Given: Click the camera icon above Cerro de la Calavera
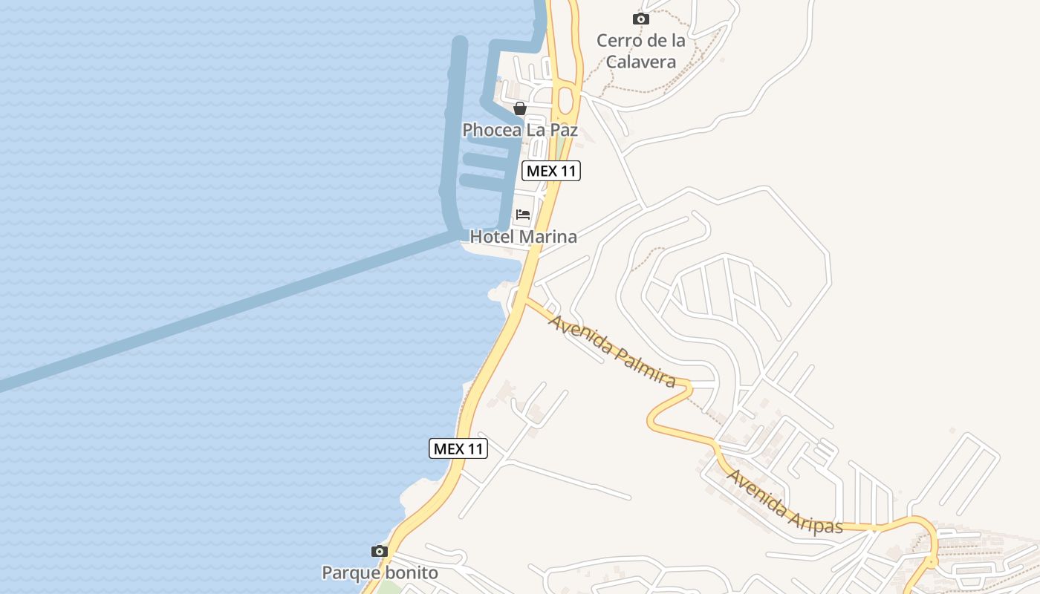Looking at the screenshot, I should tap(640, 19).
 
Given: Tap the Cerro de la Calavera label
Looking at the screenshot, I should tap(640, 50).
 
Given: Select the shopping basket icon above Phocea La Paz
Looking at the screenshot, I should tap(520, 108).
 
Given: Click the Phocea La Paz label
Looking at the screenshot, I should tap(519, 130).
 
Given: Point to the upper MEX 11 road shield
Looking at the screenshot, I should tap(550, 171).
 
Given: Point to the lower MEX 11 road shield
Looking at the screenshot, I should tap(458, 448).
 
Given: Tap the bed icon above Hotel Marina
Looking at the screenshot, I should tap(523, 215).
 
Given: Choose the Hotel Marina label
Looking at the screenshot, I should tap(523, 237).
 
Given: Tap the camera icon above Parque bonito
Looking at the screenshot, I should tap(380, 551).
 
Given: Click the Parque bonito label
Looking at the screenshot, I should tap(380, 573).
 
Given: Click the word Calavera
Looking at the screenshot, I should tap(640, 61).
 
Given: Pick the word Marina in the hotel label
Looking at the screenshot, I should tap(548, 237).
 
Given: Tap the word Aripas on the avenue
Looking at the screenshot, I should tap(816, 519).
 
